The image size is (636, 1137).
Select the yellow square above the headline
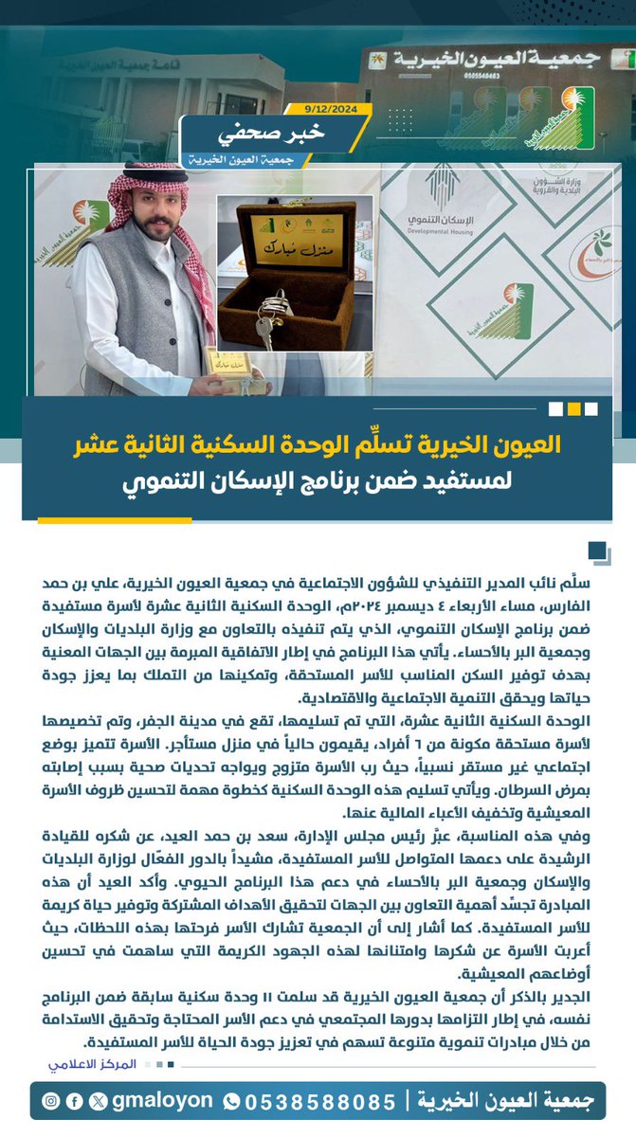(x=573, y=409)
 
